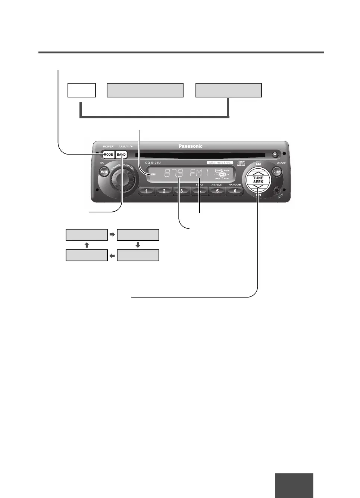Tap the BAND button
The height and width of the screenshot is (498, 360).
(121, 155)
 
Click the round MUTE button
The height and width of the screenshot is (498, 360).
(104, 172)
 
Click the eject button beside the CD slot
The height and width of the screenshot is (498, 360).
(275, 155)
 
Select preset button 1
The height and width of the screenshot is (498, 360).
(147, 191)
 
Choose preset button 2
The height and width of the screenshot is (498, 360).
(164, 191)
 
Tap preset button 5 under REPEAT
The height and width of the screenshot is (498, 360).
(217, 191)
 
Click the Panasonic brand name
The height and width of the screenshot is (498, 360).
(190, 146)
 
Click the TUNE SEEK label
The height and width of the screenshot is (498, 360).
(258, 180)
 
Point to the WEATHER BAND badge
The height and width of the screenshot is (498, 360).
(220, 163)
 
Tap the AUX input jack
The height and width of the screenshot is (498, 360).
(276, 191)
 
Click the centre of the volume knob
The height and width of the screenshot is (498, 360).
(122, 180)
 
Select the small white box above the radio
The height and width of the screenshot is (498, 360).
(82, 90)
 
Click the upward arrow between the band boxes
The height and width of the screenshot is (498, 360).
(87, 245)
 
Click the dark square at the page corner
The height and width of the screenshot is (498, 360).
(294, 485)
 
